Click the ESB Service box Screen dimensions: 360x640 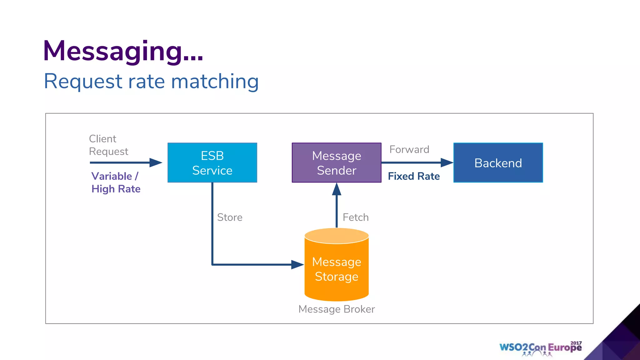pos(212,162)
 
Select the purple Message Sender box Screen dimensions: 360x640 pos(336,162)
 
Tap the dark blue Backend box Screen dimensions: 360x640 pos(498,162)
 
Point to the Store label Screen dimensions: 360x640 pos(230,217)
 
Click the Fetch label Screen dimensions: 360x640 pos(356,217)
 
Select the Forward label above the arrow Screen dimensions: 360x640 pos(409,149)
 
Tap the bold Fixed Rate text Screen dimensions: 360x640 pos(414,176)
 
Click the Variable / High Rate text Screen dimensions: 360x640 pos(116,182)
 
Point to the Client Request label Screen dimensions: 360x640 pos(108,145)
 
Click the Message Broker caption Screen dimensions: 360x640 pos(337,309)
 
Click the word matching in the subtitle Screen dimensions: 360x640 pos(215,81)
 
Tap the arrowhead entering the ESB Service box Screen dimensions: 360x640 pos(156,162)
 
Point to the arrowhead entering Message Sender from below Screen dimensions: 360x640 pos(337,189)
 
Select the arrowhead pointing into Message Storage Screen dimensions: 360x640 pos(297,265)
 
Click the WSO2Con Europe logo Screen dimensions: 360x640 pos(540,348)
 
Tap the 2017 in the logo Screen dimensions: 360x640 pos(576,343)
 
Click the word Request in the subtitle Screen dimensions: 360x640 pos(83,81)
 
